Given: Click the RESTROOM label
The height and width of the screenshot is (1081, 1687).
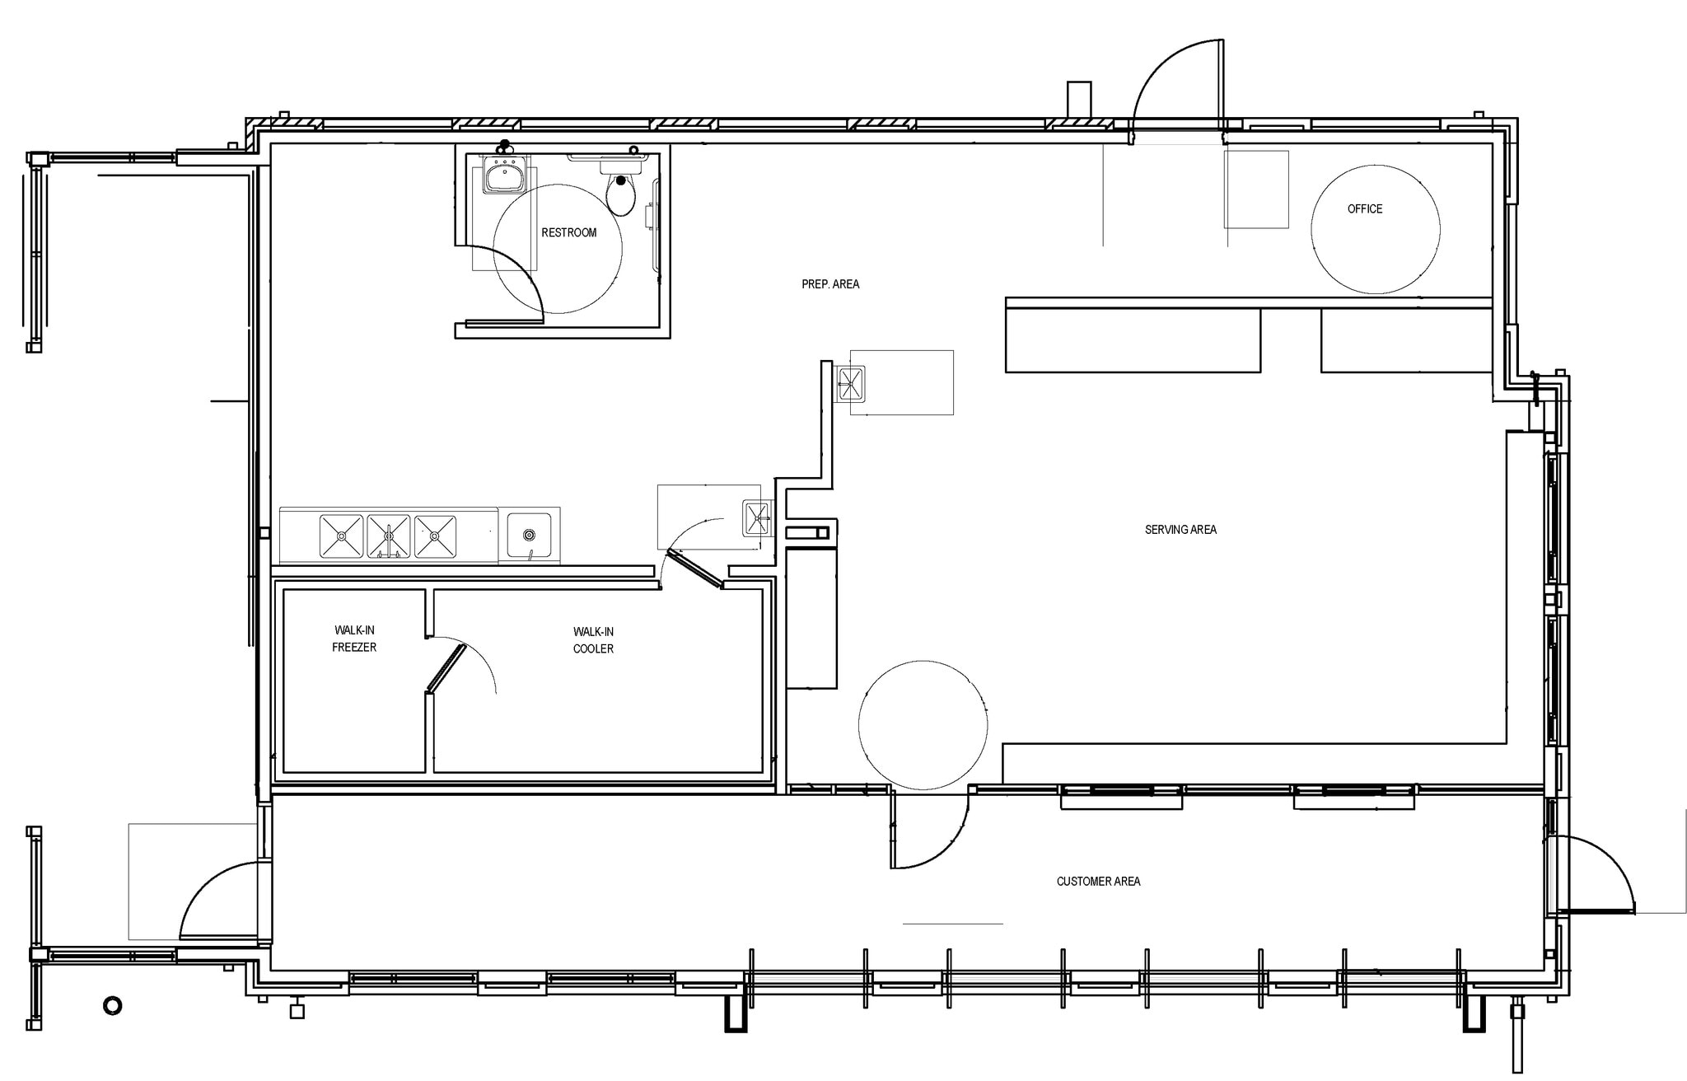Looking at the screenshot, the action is pyautogui.click(x=568, y=232).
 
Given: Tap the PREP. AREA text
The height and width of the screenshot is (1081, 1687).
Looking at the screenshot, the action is pyautogui.click(x=830, y=284).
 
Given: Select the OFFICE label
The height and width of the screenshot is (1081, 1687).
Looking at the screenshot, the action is pyautogui.click(x=1365, y=209).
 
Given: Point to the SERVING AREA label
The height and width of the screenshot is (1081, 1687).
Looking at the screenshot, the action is pyautogui.click(x=1180, y=530).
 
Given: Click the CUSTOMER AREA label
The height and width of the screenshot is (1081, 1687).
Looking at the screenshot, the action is pyautogui.click(x=1098, y=882).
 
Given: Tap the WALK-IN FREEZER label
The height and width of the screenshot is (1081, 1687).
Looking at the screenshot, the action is pyautogui.click(x=354, y=639).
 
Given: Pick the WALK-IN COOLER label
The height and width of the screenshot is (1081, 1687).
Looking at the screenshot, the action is pyautogui.click(x=593, y=640).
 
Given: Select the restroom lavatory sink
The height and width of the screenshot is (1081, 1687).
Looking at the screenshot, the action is pyautogui.click(x=502, y=175).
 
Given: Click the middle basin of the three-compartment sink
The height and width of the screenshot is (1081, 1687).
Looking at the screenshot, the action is pyautogui.click(x=389, y=536).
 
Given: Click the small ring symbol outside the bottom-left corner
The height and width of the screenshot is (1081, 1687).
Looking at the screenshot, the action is pyautogui.click(x=112, y=1006).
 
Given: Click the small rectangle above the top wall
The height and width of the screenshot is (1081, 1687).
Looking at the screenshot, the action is pyautogui.click(x=1079, y=100).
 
